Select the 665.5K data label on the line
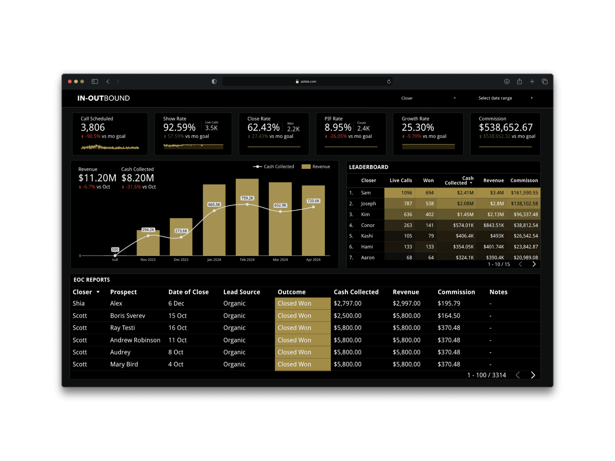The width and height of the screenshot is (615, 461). coord(214,205)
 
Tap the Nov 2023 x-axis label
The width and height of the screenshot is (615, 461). coord(148,260)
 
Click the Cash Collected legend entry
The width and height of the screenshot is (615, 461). coord(274,166)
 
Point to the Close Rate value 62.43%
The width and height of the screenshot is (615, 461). coord(263,127)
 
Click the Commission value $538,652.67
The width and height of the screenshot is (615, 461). coord(505,127)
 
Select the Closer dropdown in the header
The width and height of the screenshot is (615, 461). coord(428,98)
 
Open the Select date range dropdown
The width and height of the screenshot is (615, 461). coord(505,98)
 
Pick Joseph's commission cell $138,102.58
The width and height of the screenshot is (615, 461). coord(524,204)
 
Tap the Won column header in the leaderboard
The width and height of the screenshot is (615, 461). coord(428,181)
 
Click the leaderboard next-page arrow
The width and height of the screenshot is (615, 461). coord(534,264)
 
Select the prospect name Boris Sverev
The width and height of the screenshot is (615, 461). coord(127,316)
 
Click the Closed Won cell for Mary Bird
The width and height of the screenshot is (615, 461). coord(302,364)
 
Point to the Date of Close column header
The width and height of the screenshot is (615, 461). coord(188,292)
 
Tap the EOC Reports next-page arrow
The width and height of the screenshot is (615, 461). coord(533,375)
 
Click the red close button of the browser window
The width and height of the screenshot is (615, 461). coord(70,82)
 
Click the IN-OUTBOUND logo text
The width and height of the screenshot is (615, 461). coord(103,98)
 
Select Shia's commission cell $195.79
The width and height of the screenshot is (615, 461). coord(449,303)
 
